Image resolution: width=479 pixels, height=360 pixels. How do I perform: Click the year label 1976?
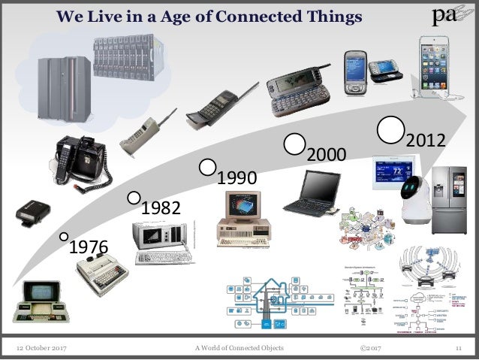click(89, 247)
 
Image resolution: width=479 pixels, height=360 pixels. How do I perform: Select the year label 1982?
click(161, 207)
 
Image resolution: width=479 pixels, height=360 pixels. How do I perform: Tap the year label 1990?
click(236, 179)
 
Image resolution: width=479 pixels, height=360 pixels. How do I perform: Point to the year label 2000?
click(326, 155)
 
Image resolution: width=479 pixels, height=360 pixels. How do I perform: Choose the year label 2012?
click(426, 141)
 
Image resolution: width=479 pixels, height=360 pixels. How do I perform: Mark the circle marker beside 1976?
click(65, 236)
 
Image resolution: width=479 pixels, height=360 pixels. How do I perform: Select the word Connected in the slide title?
click(251, 16)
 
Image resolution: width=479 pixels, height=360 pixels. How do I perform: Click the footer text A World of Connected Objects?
click(243, 345)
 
